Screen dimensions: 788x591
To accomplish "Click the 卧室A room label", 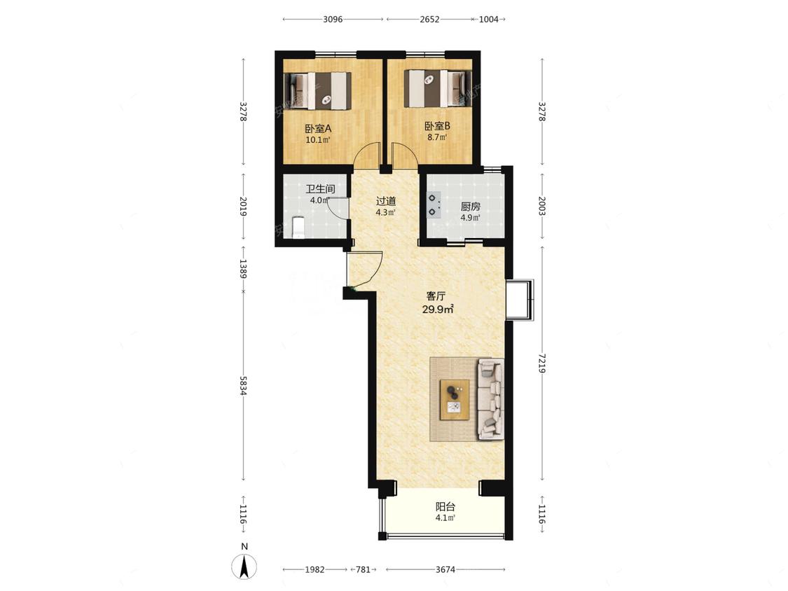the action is (318, 129).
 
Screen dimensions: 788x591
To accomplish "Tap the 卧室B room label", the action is (437, 126).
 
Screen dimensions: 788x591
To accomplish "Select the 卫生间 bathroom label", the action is (320, 189).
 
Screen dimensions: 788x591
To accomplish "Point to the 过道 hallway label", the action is (386, 201).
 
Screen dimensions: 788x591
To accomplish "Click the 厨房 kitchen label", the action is (471, 207).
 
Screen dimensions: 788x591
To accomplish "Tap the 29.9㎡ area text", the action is (438, 310).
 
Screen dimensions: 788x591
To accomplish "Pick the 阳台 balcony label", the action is (445, 506).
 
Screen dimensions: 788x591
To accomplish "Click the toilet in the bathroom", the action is (298, 227).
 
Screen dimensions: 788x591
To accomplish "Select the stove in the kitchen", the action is (433, 205).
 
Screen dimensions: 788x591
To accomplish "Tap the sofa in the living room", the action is (490, 399).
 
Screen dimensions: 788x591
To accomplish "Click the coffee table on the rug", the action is (455, 400).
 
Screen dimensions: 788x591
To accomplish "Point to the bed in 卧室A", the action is (317, 91).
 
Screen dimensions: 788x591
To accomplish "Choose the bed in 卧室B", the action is (438, 88).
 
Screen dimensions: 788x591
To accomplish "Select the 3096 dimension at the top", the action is (333, 19).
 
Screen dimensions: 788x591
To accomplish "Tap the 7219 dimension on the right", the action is (541, 363).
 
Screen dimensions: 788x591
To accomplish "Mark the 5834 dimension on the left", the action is (243, 385).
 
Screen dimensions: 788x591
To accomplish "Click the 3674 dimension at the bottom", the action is (445, 569).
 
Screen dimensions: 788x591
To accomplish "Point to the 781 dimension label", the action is (363, 569).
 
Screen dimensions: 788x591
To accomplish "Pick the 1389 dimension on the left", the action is (243, 269).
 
